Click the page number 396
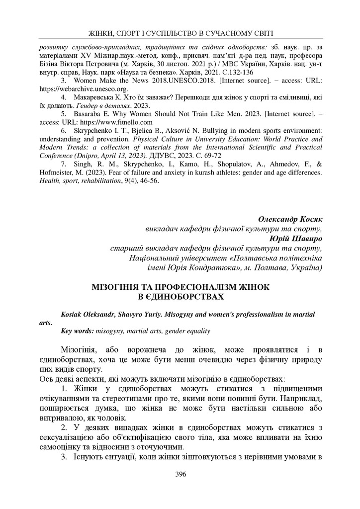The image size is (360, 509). click(180, 474)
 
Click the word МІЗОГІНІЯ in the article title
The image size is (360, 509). click(120, 288)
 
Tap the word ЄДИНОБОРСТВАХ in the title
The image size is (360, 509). click(180, 297)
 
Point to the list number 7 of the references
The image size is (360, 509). click(63, 164)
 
